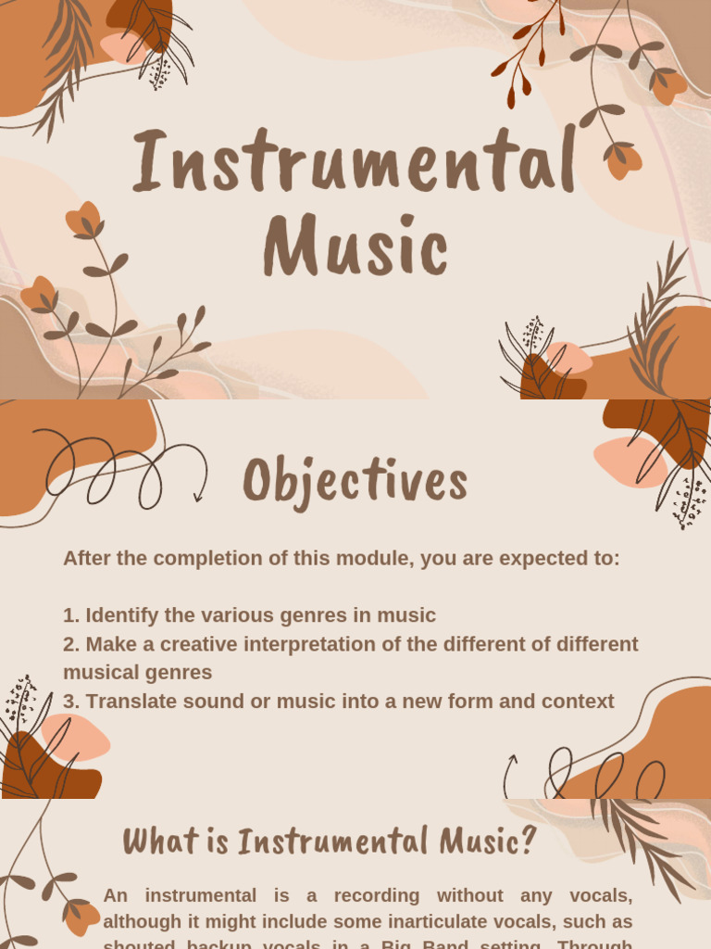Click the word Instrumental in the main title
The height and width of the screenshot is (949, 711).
pyautogui.click(x=355, y=163)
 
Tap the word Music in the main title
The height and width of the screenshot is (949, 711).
pyautogui.click(x=355, y=247)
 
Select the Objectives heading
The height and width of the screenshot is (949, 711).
pyautogui.click(x=355, y=482)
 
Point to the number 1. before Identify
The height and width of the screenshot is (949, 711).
pyautogui.click(x=71, y=615)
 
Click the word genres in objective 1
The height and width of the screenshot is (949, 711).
pyautogui.click(x=336, y=615)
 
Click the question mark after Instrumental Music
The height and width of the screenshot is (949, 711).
pyautogui.click(x=527, y=841)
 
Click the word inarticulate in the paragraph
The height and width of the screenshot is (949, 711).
pyautogui.click(x=420, y=922)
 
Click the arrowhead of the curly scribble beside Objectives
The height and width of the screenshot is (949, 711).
pyautogui.click(x=198, y=498)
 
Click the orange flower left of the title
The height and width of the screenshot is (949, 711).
pyautogui.click(x=83, y=220)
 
